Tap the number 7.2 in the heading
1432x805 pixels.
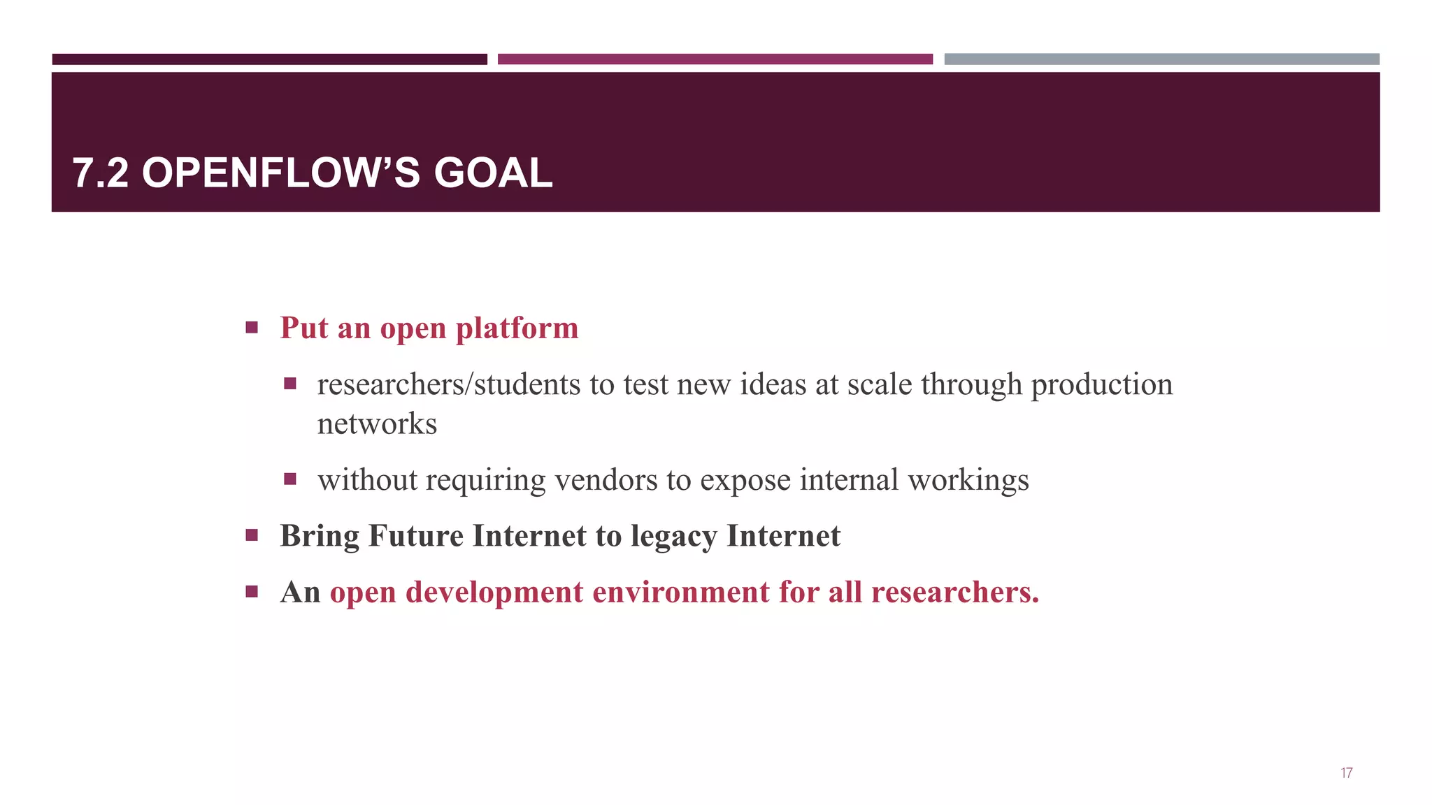(101, 173)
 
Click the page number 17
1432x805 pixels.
(1346, 773)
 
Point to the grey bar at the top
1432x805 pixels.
(1161, 59)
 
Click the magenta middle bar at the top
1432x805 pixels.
(715, 59)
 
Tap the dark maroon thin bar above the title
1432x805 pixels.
(269, 59)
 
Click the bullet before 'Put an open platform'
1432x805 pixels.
(252, 327)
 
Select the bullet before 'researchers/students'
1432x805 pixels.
(290, 384)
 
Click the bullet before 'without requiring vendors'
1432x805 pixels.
(290, 479)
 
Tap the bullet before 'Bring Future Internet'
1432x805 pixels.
(252, 536)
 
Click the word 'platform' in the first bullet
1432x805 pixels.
(517, 328)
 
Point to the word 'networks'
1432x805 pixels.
(377, 424)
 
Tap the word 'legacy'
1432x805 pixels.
(674, 537)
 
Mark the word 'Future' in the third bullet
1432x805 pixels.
(415, 536)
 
